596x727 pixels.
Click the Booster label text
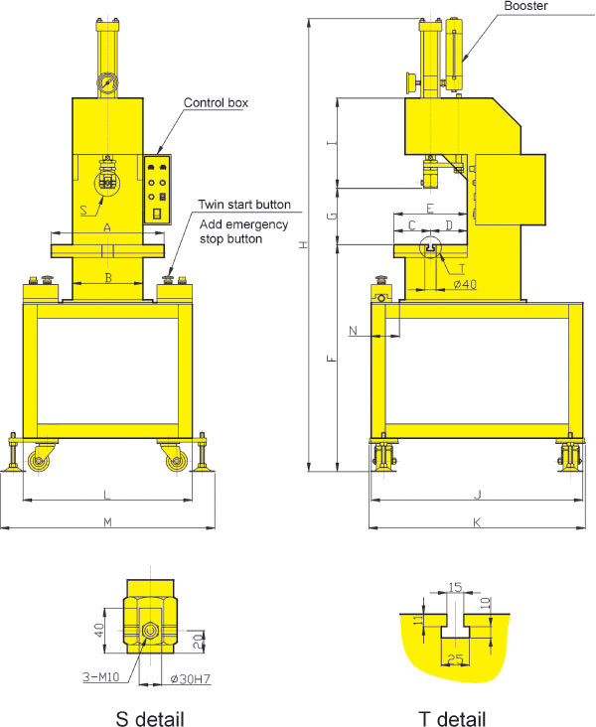pyautogui.click(x=525, y=6)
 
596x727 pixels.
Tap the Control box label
pyautogui.click(x=216, y=102)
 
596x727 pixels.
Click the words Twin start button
pyautogui.click(x=244, y=205)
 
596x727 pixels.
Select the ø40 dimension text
pyautogui.click(x=465, y=284)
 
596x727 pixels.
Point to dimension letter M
pyautogui.click(x=107, y=522)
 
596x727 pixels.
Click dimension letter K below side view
pyautogui.click(x=477, y=522)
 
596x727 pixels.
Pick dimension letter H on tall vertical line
pyautogui.click(x=303, y=244)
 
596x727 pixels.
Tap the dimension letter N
pyautogui.click(x=353, y=331)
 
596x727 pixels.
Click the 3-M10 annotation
pyautogui.click(x=101, y=677)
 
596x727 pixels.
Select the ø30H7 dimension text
pyautogui.click(x=190, y=678)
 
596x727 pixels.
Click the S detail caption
pyautogui.click(x=150, y=719)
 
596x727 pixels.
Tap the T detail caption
pyautogui.click(x=452, y=719)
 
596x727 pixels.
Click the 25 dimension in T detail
pyautogui.click(x=456, y=658)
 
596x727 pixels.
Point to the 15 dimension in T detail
pyautogui.click(x=456, y=587)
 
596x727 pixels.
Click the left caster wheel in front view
pyautogui.click(x=38, y=462)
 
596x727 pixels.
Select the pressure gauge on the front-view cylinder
pyautogui.click(x=107, y=83)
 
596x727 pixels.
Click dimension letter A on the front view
pyautogui.click(x=107, y=227)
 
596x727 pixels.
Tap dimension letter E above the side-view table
pyautogui.click(x=430, y=209)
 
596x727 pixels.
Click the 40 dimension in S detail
pyautogui.click(x=99, y=630)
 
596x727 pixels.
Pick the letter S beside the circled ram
pyautogui.click(x=83, y=210)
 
